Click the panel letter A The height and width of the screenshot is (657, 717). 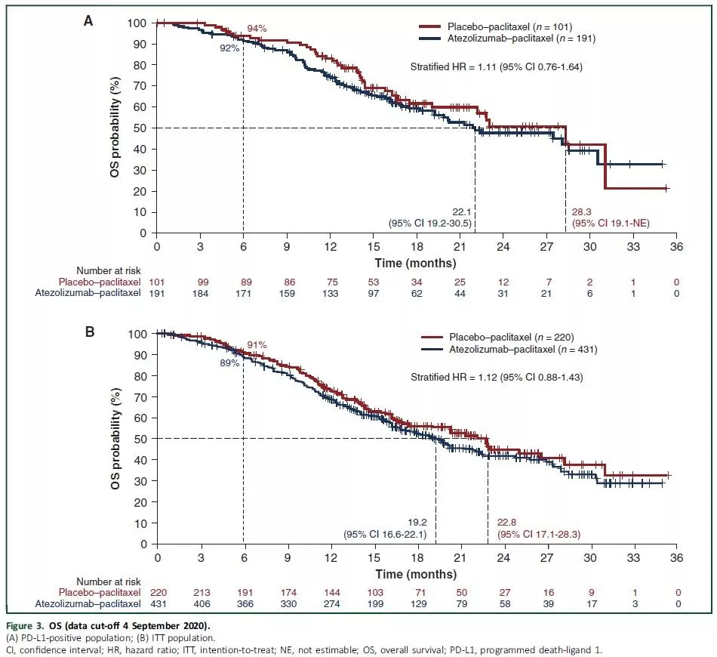88,21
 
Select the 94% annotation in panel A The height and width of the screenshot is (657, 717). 257,29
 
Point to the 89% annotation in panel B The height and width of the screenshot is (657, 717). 229,362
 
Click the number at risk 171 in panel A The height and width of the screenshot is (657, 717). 243,293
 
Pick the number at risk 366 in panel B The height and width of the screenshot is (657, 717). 243,603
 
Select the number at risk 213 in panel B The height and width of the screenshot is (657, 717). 200,593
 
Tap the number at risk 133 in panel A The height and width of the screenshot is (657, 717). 330,293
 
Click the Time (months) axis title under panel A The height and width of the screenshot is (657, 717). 416,263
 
